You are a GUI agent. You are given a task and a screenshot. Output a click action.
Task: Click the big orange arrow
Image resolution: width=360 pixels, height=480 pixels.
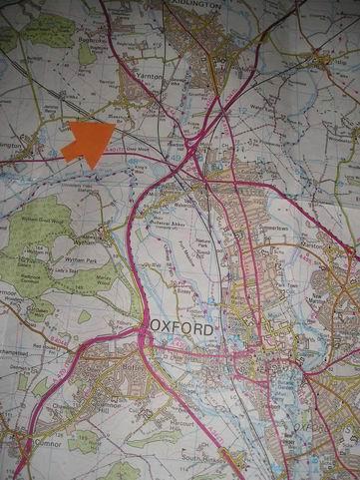[x=88, y=142]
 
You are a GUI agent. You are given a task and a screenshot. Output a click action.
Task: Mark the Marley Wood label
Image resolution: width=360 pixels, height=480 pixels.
[x=99, y=280]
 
